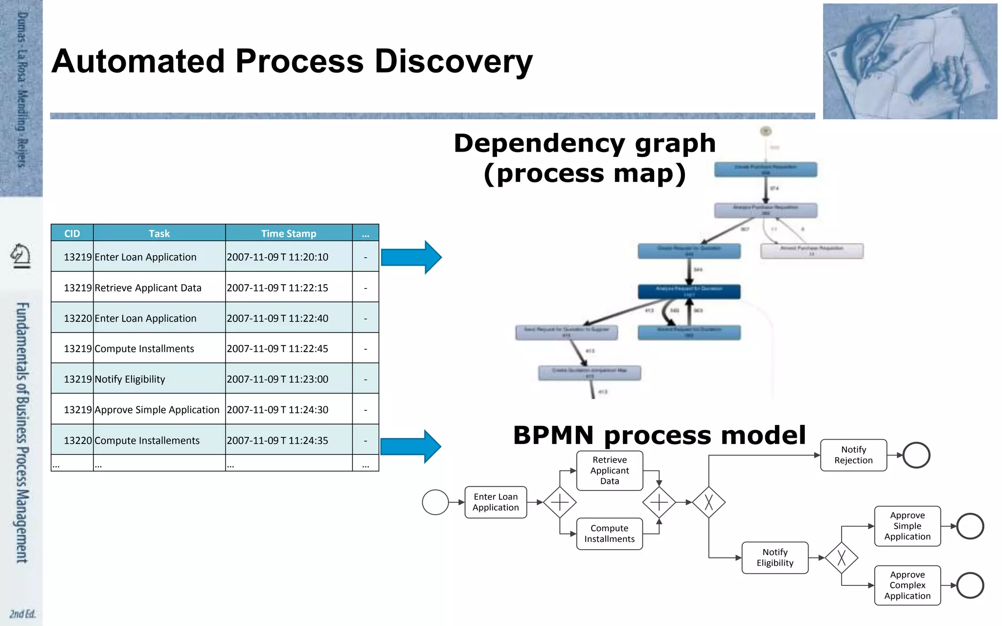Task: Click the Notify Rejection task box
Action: coord(853,455)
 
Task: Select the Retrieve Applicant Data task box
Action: coord(610,470)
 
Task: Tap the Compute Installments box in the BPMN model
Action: coord(610,534)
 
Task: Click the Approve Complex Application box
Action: coord(907,585)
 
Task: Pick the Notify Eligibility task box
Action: coord(775,558)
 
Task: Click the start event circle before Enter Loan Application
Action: coord(435,502)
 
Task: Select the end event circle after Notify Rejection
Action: coord(916,455)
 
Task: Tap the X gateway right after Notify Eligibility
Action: coord(841,558)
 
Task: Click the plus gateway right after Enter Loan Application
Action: coord(560,502)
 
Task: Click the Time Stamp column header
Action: coord(289,233)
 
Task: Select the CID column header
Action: coord(72,233)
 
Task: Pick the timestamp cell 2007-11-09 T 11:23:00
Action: coord(277,379)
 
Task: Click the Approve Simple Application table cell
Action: coord(157,410)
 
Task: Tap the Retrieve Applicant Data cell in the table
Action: coord(148,288)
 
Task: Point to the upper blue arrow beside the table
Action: coord(411,257)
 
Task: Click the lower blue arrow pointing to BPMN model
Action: coord(411,447)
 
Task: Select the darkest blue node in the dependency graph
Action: coord(689,291)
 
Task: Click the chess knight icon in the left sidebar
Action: coord(21,256)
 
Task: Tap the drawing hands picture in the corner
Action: coord(910,62)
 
